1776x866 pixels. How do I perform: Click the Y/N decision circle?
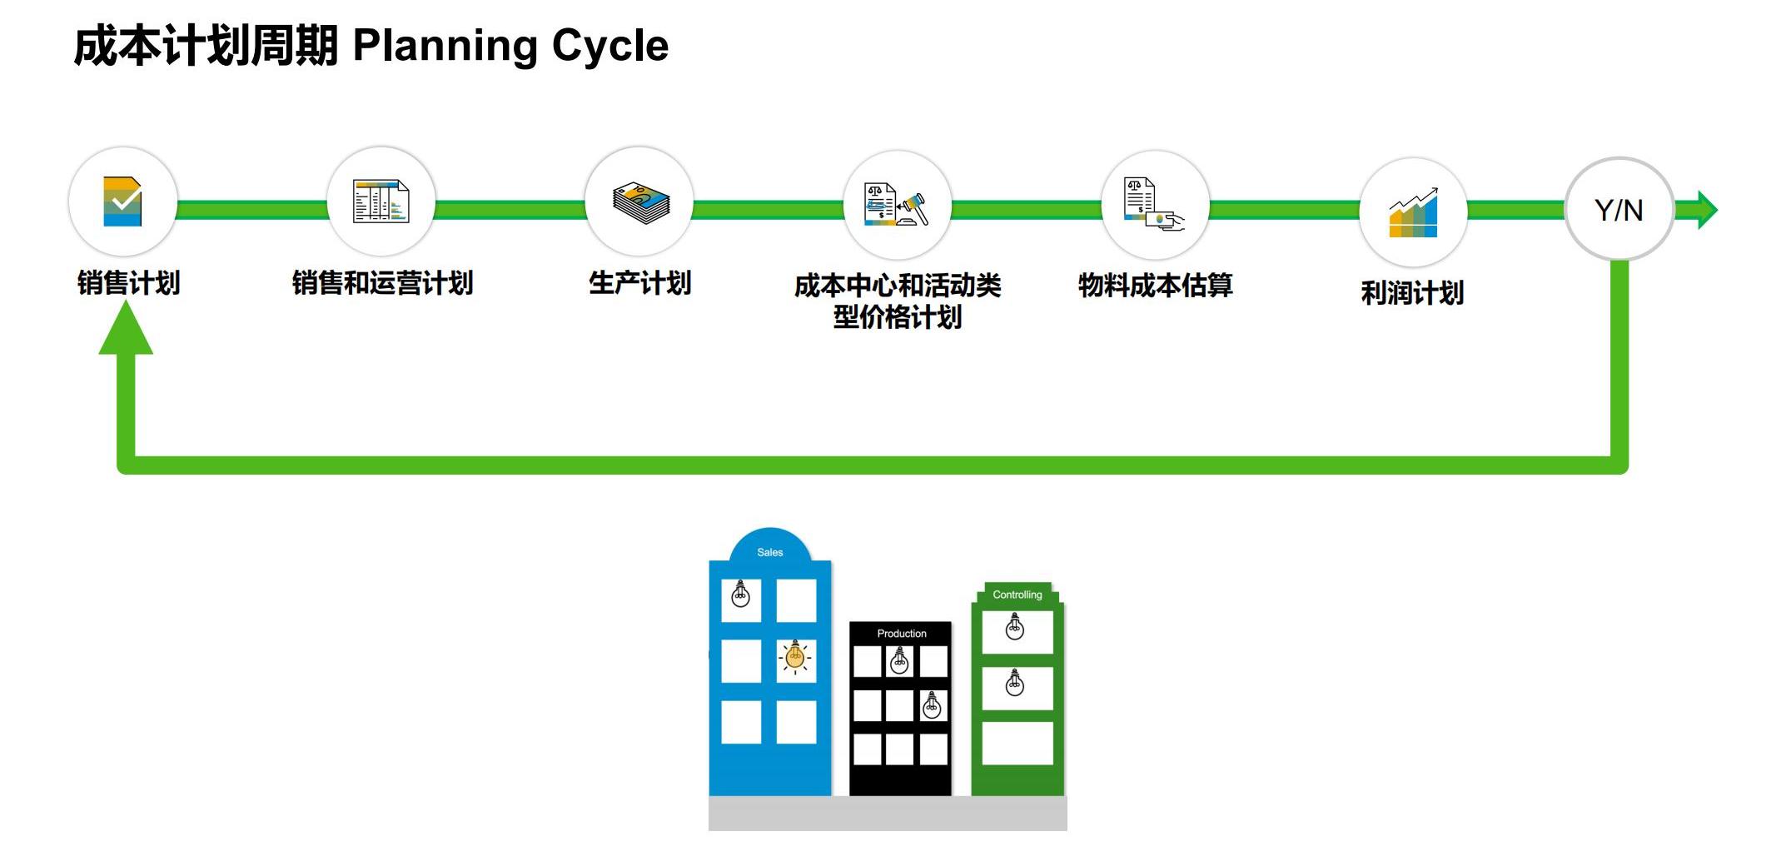point(1619,210)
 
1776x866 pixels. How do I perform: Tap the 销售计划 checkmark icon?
point(122,202)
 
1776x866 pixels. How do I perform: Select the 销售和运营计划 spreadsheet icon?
point(381,202)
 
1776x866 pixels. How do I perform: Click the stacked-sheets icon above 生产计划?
point(639,202)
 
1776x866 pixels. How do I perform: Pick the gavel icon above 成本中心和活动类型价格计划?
point(897,205)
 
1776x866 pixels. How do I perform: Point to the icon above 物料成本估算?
point(1154,204)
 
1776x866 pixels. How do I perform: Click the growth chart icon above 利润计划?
point(1413,213)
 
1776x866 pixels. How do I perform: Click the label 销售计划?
point(128,283)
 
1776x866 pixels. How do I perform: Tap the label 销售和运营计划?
point(382,283)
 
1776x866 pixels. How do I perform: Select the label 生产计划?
point(639,283)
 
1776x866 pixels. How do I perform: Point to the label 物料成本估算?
point(1155,286)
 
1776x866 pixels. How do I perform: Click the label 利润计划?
point(1412,293)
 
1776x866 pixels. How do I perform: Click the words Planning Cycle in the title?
point(510,46)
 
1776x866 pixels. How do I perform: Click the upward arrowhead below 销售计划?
point(126,330)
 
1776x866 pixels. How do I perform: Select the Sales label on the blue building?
point(769,552)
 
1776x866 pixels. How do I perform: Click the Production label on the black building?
point(901,634)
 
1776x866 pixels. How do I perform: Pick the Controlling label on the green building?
point(1017,595)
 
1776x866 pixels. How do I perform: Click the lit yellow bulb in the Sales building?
point(795,659)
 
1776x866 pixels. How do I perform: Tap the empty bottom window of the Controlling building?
point(1017,743)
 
